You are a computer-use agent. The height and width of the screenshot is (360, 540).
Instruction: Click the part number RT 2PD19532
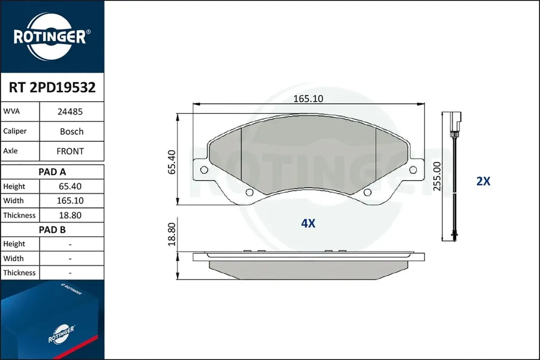52,87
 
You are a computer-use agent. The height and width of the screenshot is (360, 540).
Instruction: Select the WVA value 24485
70,111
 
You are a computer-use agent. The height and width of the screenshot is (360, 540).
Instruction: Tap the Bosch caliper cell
72,131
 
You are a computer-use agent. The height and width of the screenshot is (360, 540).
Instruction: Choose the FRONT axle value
70,151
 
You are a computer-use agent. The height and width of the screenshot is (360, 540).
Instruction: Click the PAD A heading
52,171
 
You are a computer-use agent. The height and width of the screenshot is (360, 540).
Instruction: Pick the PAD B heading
52,229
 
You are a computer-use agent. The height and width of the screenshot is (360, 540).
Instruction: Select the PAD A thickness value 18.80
70,215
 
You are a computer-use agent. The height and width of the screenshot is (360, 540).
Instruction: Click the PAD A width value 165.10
70,200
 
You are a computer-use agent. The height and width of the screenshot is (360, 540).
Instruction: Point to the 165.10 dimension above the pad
308,99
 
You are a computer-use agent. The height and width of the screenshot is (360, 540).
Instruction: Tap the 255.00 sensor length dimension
437,176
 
